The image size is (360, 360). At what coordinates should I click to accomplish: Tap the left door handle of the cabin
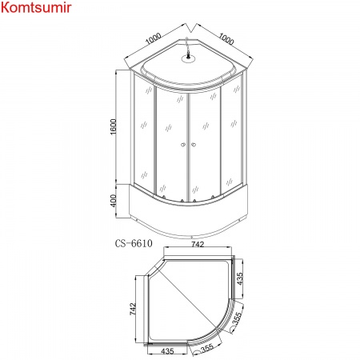coord(183,145)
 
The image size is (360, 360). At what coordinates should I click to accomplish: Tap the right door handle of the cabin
coord(193,145)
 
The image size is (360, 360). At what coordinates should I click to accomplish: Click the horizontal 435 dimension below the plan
coord(166,350)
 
